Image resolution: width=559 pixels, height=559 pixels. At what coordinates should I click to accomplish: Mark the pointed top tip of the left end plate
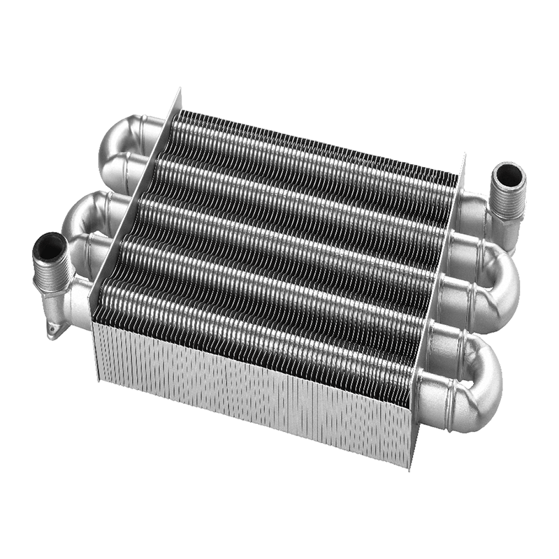pos(179,91)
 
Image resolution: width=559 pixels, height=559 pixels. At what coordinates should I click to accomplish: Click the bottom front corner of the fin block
pos(411,467)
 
